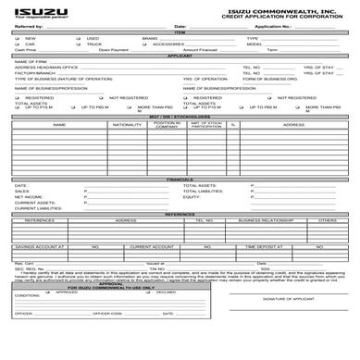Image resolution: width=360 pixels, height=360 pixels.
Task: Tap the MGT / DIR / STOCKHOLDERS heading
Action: click(180, 117)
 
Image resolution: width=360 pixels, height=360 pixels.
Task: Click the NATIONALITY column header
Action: click(127, 124)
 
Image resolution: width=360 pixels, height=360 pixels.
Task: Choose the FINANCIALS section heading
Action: click(180, 179)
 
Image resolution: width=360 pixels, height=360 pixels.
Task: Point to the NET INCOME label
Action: click(29, 197)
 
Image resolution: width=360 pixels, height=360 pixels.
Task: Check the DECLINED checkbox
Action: click(129, 292)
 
